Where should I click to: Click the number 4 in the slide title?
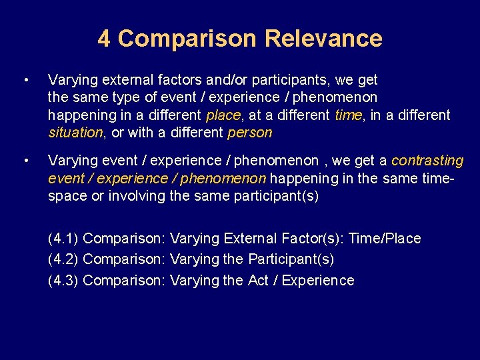[x=104, y=39]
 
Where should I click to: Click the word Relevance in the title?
[x=323, y=39]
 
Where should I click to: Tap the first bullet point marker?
[x=25, y=81]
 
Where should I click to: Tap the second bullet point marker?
[x=25, y=161]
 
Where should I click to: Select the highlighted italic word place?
[x=223, y=115]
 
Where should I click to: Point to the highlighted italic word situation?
[x=75, y=133]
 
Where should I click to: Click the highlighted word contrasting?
[x=427, y=161]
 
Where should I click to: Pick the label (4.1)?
[x=63, y=239]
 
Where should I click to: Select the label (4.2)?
[x=63, y=259]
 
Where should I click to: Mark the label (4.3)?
[x=63, y=281]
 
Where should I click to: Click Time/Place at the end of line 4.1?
[x=387, y=239]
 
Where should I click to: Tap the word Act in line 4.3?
[x=258, y=281]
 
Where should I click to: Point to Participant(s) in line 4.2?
[x=291, y=259]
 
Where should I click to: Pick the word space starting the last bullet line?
[x=65, y=196]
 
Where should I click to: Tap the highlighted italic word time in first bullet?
[x=347, y=115]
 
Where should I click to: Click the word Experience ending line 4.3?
[x=318, y=281]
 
